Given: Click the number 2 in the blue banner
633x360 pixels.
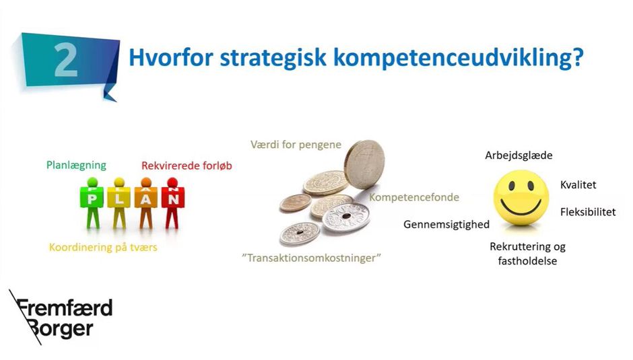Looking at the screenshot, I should click(66, 60).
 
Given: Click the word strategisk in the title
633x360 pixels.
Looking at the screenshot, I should click(273, 59).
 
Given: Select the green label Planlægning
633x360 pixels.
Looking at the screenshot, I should click(76, 165).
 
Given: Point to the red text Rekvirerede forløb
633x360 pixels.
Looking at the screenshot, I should click(187, 166).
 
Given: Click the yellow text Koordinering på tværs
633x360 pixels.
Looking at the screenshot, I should click(103, 248).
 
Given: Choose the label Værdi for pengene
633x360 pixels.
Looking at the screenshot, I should click(296, 145).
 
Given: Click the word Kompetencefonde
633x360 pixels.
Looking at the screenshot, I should click(414, 198).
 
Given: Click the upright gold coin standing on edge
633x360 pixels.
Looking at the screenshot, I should click(364, 165).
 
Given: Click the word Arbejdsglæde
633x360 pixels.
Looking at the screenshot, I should click(519, 155).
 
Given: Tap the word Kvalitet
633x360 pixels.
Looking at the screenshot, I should click(578, 185).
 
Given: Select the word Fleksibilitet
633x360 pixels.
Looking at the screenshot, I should click(587, 212).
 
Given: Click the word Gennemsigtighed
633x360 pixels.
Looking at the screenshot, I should click(446, 224).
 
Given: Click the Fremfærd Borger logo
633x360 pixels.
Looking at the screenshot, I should click(60, 318).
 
